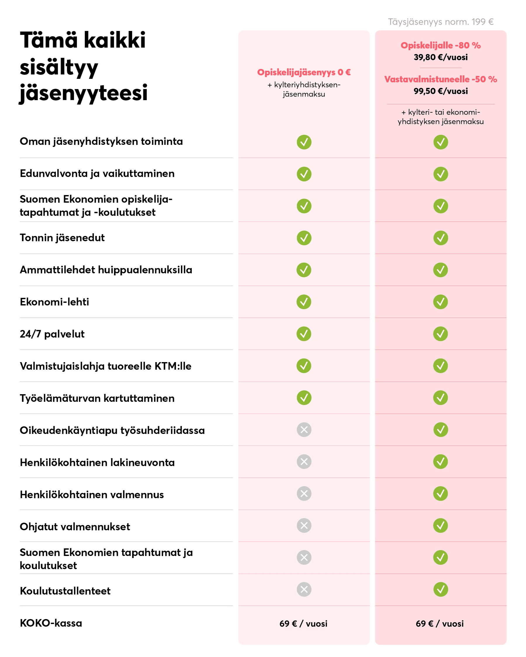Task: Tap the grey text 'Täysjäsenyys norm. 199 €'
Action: (440, 22)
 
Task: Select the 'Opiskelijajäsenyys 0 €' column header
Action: (304, 72)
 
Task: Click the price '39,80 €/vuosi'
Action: (440, 57)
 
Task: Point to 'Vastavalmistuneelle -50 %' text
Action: (440, 79)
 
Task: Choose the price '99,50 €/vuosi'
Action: (440, 91)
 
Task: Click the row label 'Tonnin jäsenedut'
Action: (62, 238)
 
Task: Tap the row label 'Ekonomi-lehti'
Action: (54, 302)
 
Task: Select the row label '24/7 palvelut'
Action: (52, 334)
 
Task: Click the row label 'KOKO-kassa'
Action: (51, 623)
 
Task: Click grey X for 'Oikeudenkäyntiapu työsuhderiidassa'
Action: (304, 430)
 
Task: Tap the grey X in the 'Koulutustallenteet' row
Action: (304, 589)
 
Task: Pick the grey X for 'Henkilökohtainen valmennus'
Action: (304, 494)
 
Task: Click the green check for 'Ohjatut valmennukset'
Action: (440, 526)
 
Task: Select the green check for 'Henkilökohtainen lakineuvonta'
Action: (440, 462)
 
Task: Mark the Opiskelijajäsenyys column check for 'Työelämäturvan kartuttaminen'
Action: (304, 398)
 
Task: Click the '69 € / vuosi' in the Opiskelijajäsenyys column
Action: (303, 624)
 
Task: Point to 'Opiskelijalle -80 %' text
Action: (440, 45)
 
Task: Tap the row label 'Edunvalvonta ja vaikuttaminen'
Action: (97, 174)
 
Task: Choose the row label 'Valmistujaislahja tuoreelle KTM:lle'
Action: (105, 366)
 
